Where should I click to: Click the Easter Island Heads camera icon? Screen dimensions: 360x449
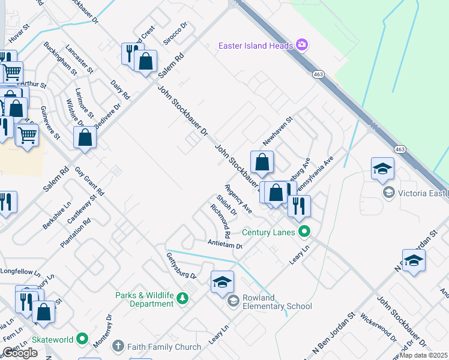click(302, 45)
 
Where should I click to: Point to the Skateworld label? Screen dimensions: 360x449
click(53, 340)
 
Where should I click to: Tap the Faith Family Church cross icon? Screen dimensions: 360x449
click(118, 347)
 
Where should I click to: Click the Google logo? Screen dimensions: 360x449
click(20, 353)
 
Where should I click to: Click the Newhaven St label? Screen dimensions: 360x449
click(277, 131)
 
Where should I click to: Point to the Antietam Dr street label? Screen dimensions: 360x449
click(224, 245)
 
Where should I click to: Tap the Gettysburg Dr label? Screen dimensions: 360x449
click(181, 266)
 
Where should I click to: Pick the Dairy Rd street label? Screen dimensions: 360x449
click(120, 89)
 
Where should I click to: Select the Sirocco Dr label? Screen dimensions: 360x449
click(175, 34)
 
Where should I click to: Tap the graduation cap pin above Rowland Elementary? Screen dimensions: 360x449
click(221, 283)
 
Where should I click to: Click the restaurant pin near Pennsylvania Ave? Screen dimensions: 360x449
click(299, 206)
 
